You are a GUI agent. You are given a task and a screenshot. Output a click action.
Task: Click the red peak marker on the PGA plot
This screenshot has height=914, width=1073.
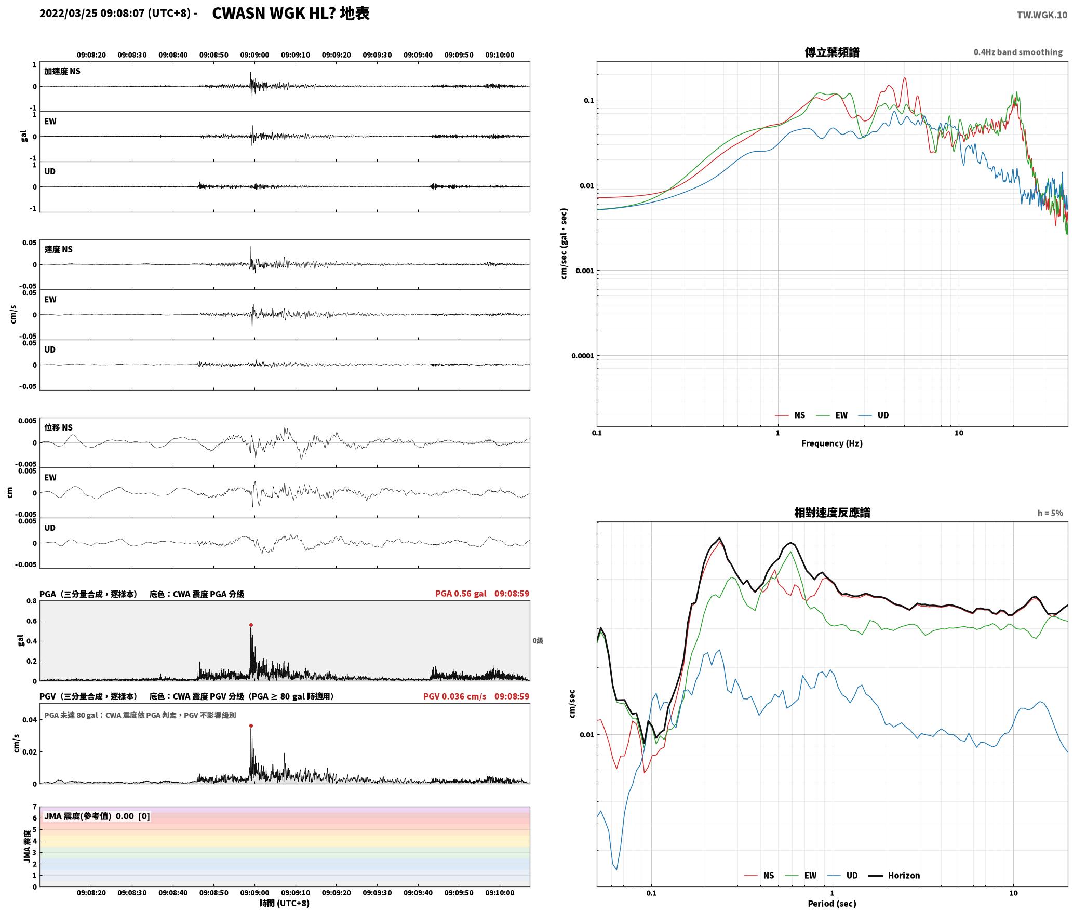251,625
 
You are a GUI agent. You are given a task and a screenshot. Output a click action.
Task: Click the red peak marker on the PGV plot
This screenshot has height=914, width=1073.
251,726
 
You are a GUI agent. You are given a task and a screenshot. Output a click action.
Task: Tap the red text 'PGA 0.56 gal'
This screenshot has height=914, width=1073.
461,594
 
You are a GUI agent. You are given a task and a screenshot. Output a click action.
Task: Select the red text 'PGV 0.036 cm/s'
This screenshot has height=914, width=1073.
455,696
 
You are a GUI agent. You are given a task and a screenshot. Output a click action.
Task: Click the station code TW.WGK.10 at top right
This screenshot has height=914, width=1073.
1042,15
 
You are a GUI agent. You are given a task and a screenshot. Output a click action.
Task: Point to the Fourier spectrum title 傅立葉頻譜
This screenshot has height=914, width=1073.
832,52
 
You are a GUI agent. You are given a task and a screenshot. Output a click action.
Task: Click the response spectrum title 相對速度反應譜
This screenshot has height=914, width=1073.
832,513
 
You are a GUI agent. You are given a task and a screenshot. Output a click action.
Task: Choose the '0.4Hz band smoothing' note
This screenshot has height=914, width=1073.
1018,52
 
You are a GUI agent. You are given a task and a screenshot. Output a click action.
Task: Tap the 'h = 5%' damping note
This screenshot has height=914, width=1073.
1050,513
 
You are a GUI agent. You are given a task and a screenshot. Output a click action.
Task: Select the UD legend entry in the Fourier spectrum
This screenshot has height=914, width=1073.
874,415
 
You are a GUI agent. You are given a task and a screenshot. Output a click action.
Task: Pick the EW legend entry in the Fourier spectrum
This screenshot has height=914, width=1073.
832,415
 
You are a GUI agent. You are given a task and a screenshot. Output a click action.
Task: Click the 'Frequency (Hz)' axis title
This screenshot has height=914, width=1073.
832,443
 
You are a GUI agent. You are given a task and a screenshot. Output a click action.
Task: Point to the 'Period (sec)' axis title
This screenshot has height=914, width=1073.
832,904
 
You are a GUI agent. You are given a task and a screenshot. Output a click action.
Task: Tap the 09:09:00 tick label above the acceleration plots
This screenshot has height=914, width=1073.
254,55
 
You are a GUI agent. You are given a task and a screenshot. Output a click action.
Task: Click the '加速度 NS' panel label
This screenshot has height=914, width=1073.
62,71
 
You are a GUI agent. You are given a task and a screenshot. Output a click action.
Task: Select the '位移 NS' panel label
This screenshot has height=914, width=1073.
58,427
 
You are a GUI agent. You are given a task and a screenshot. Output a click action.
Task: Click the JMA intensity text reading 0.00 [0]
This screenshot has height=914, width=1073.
133,816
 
